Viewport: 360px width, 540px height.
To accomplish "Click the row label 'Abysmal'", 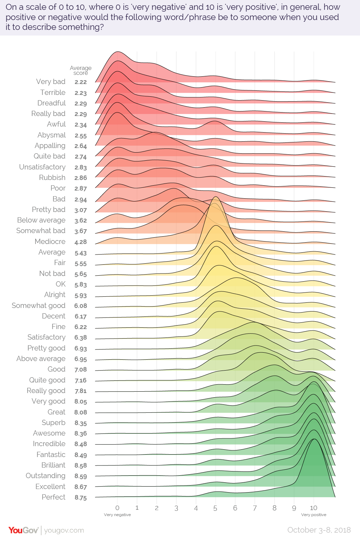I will pos(52,135).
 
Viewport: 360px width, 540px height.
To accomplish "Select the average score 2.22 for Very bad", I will pos(81,82).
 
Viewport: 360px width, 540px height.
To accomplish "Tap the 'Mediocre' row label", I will pos(50,242).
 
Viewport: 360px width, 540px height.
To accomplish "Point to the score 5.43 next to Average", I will pos(81,253).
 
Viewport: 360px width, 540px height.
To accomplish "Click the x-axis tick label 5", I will pos(215,508).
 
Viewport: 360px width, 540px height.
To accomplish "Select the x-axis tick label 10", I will pos(314,508).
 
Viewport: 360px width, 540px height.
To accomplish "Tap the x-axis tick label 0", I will pos(117,508).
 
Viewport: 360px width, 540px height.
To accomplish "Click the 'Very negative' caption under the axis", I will pos(117,515).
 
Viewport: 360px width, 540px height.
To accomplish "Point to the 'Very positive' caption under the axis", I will pos(314,515).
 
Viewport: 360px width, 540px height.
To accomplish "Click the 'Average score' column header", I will pos(81,70).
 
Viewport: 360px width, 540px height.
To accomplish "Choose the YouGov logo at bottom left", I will pos(23,530).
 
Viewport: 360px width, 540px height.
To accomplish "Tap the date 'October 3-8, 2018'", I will pos(319,530).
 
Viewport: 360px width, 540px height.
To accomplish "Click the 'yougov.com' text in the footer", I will pos(64,530).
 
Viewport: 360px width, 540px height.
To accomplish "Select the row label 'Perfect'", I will pos(53,497).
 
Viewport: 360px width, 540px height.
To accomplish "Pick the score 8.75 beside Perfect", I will pos(81,497).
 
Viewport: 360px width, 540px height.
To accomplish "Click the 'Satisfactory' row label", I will pos(46,337).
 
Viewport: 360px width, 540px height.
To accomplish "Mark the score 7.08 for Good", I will pos(81,369).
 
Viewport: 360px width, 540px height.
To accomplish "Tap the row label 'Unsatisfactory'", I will pos(42,167).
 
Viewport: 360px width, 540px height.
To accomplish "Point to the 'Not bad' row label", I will pos(52,274).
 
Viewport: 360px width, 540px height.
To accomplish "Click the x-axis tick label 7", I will pos(255,508).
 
